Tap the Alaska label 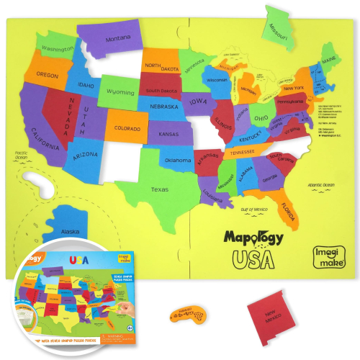(x=71, y=231)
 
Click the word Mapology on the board (x=253, y=237)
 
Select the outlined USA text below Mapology (x=253, y=258)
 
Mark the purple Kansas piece (x=168, y=134)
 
